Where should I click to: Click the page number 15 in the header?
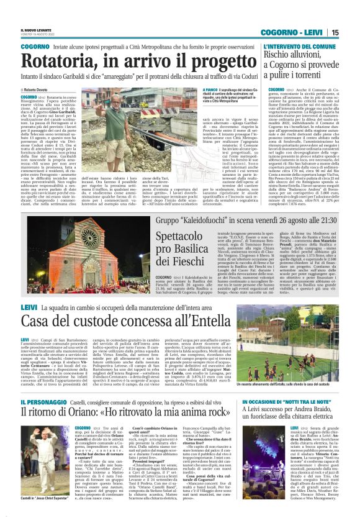pos(352,32)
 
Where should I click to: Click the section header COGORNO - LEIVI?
pos(299,32)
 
